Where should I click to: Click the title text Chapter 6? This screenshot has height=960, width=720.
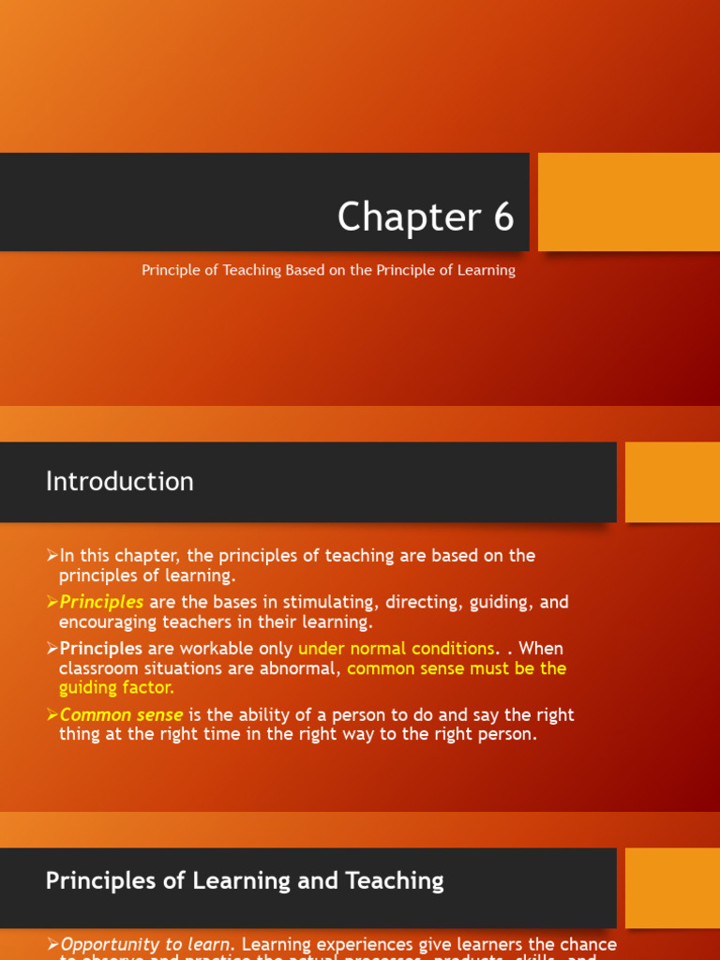(426, 217)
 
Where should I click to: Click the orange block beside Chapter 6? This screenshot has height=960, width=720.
(628, 202)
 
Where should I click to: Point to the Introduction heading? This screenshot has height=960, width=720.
(120, 482)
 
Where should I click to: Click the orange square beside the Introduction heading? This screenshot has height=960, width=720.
(672, 482)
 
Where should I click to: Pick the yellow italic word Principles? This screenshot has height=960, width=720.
(101, 602)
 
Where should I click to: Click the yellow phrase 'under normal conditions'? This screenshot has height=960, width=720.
(396, 649)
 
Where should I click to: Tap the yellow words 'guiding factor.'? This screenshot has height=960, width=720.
(116, 687)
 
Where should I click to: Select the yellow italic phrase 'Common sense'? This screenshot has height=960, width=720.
(121, 714)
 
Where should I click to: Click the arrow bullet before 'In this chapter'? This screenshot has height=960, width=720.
(52, 556)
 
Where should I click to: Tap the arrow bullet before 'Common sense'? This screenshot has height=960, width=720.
(52, 714)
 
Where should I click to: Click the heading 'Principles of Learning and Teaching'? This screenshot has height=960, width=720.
(245, 880)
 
